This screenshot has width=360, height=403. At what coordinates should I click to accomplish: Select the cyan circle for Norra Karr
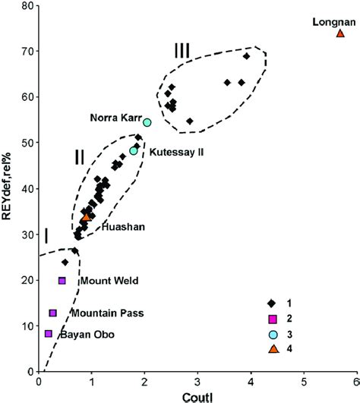[147, 122]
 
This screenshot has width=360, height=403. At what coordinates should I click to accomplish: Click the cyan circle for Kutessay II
[134, 150]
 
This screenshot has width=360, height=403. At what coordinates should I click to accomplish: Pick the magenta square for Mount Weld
[62, 281]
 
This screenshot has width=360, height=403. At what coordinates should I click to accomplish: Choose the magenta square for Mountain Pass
[53, 313]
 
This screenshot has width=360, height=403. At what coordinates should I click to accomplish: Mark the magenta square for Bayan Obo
[49, 333]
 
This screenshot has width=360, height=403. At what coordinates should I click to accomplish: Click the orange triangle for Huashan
[86, 217]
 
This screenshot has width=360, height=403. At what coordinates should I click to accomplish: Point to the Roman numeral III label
[182, 50]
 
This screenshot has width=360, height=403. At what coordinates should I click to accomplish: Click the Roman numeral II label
[79, 157]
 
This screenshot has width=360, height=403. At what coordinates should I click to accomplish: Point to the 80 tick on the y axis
[27, 6]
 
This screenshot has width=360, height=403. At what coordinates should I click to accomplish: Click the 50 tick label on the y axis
[27, 143]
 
